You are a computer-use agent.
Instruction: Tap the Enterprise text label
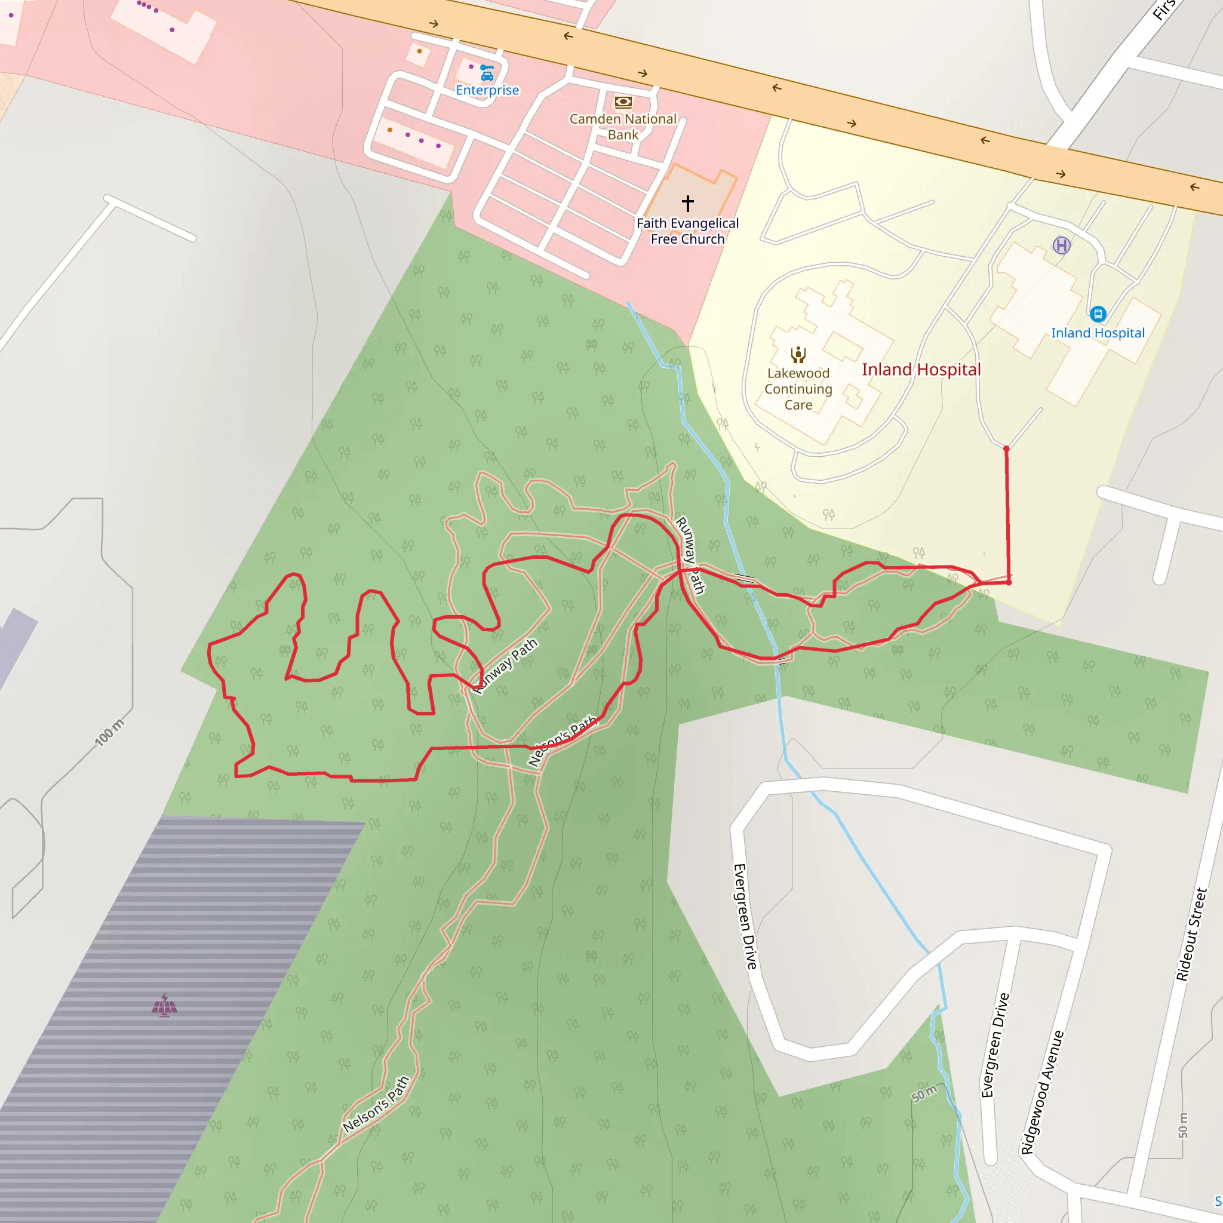point(487,90)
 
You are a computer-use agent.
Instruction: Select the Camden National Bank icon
point(623,102)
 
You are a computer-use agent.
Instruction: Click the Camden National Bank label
point(623,127)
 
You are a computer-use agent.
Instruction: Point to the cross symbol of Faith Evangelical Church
point(687,203)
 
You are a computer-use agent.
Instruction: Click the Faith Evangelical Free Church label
point(687,231)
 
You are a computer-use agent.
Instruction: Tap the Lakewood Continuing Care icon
point(798,355)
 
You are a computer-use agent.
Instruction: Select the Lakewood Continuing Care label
point(798,389)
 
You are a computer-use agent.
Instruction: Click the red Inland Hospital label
point(921,370)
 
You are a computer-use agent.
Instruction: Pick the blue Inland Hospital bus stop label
point(1098,333)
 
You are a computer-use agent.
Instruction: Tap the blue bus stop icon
point(1098,314)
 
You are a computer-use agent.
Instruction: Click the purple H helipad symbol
point(1062,245)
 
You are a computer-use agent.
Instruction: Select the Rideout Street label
point(1192,935)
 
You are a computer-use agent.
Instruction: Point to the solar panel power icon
point(165,1004)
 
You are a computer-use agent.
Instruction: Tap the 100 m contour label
point(109,732)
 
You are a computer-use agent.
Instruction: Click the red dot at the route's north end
point(1006,449)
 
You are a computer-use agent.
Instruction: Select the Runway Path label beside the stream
point(690,555)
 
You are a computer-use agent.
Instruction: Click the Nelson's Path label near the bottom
point(376,1105)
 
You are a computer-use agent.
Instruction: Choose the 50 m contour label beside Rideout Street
point(1183,1125)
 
